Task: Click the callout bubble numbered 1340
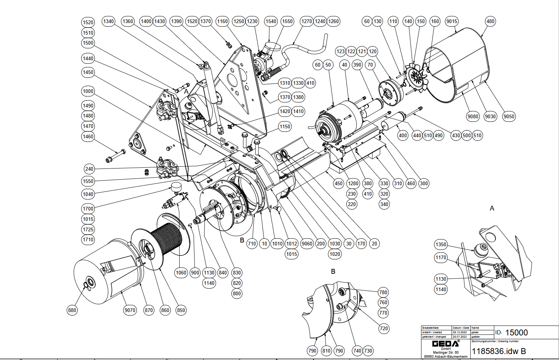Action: tap(109, 21)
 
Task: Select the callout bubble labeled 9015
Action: tap(452, 21)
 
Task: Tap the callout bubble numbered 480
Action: tap(491, 21)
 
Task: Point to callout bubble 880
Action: tap(72, 310)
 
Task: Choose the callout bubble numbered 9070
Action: tap(130, 310)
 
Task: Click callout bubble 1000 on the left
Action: tap(88, 91)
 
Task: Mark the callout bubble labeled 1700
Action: tap(88, 209)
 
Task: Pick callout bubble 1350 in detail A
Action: tap(441, 244)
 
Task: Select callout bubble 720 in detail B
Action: tap(384, 328)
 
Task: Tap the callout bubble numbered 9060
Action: tap(307, 244)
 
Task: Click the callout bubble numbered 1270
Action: tap(307, 21)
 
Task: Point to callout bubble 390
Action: tap(357, 65)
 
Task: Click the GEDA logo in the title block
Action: tap(445, 343)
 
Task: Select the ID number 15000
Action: tap(516, 332)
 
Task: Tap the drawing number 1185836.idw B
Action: tap(499, 351)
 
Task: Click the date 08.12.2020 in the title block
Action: tap(460, 332)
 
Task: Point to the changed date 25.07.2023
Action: tap(460, 337)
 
